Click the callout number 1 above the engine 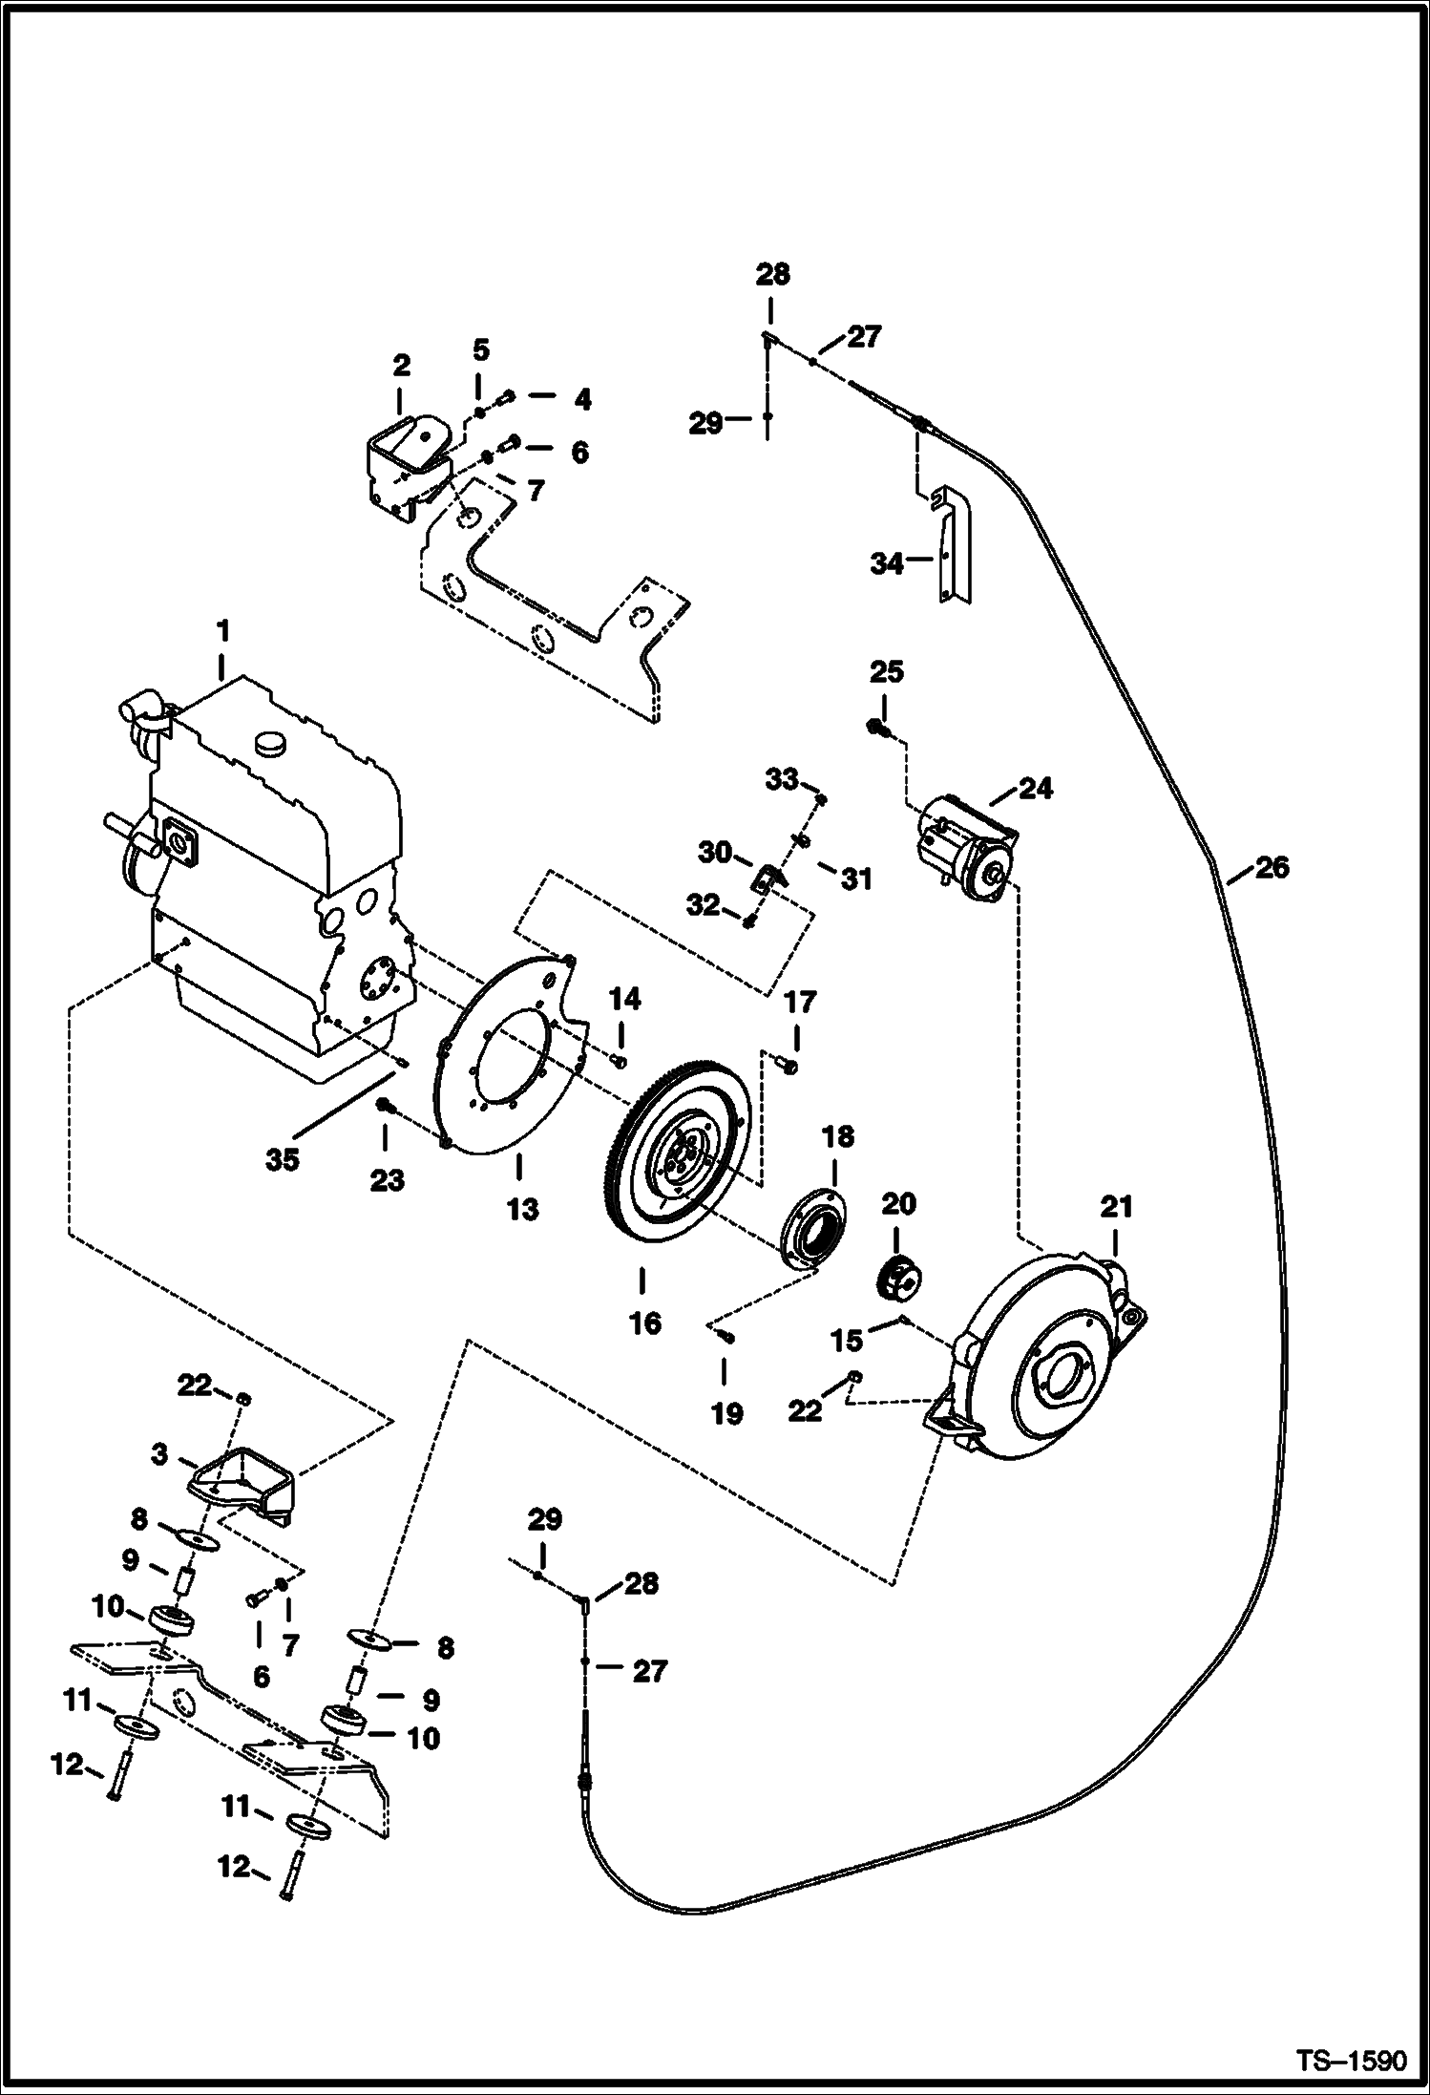[222, 631]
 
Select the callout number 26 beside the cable [1272, 867]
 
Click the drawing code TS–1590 [1350, 2059]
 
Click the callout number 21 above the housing [1116, 1207]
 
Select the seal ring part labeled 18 [814, 1226]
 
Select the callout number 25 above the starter [886, 672]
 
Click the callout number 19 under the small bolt [726, 1413]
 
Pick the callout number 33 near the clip [781, 780]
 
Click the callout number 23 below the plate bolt [387, 1181]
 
